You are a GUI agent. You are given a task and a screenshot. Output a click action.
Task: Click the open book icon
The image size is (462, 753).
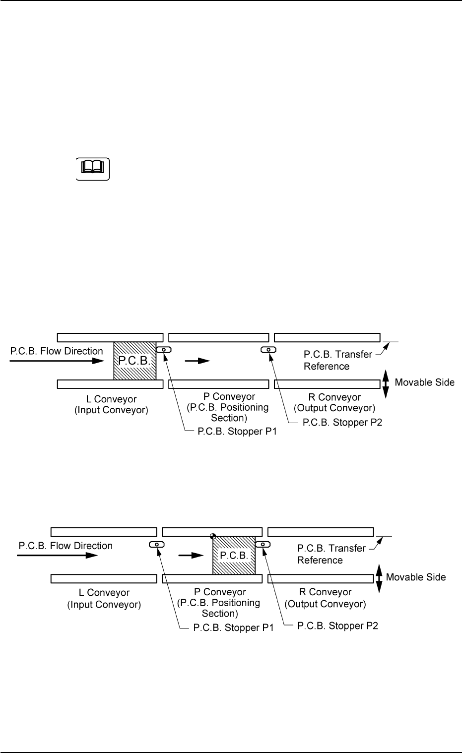(92, 169)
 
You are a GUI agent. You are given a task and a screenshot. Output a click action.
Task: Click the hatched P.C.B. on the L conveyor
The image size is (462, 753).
(134, 361)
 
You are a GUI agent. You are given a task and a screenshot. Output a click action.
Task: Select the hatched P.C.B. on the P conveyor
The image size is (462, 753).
(234, 555)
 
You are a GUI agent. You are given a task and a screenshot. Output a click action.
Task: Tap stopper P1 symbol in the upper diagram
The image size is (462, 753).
(164, 350)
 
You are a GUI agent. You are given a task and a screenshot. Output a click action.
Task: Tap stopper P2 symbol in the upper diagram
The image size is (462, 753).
(269, 350)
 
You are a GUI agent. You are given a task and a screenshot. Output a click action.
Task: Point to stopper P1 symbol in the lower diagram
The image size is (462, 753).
(157, 544)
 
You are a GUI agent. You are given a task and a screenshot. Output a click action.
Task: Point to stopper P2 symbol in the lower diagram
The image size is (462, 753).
(263, 544)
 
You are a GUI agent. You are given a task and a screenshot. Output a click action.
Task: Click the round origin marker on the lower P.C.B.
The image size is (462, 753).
(213, 536)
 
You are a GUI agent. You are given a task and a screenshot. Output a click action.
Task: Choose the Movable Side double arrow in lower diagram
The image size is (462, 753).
(379, 578)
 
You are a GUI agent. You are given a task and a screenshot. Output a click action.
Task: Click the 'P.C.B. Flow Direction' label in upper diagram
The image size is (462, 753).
(57, 351)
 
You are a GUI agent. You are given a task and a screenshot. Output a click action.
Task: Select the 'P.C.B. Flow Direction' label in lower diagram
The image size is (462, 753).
(66, 546)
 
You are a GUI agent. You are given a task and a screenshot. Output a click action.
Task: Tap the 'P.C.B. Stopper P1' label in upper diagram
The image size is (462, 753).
(237, 432)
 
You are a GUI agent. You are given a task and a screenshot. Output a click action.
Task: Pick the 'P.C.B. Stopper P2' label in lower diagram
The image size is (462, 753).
(337, 626)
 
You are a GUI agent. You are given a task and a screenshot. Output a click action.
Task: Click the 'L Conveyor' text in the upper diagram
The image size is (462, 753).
(115, 399)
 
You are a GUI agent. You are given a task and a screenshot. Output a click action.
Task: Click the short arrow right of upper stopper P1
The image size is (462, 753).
(198, 361)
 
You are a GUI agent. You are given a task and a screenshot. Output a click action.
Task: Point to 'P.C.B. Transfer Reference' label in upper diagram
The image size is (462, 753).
(337, 360)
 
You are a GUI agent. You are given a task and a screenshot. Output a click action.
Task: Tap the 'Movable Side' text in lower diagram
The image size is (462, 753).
(416, 577)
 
